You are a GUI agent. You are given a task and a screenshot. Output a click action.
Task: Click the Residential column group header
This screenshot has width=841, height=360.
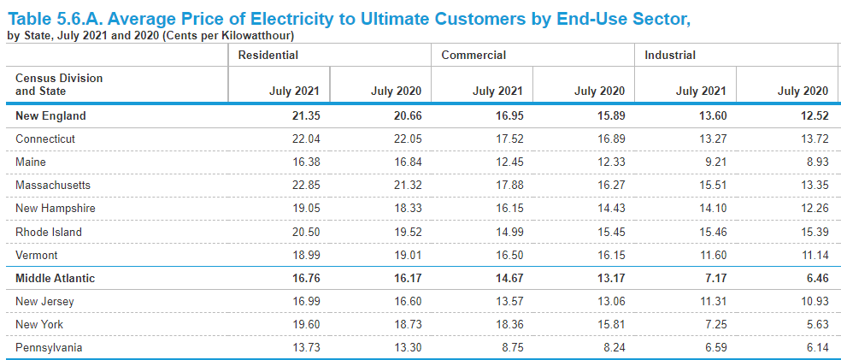pos(268,55)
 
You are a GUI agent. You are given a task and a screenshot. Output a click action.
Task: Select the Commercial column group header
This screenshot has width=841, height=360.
pos(473,55)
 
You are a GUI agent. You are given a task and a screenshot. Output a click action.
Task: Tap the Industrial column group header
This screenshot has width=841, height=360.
pos(670,55)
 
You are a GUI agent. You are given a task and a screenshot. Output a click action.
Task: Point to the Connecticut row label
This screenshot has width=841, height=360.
pos(45,139)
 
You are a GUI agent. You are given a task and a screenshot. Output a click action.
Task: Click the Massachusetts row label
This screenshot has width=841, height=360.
pos(53,185)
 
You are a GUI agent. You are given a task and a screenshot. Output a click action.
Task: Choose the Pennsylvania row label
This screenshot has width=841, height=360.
pos(49,347)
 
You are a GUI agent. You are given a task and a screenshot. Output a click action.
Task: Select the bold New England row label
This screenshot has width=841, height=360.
pos(50,115)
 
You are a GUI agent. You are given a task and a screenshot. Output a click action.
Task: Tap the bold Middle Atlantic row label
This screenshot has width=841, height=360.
pos(56,278)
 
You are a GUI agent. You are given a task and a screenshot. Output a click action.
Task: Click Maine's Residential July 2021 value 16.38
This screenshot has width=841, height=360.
pos(305,162)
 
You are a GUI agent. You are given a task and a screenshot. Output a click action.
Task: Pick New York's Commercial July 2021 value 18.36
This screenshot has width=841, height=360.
pos(509,324)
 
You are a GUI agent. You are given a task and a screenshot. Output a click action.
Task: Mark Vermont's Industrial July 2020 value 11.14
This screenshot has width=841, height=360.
pos(813,255)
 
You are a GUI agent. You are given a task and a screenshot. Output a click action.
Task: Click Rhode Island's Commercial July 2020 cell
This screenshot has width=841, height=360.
pos(610,232)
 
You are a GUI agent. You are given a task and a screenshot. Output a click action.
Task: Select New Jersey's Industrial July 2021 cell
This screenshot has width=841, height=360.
pos(712,301)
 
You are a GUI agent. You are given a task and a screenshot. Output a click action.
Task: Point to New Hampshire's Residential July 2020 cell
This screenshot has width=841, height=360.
pos(407,208)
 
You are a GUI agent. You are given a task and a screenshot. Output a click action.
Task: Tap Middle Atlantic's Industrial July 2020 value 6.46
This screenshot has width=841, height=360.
pos(815,278)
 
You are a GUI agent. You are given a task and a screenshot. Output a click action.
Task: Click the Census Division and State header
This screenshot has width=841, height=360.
pos(59,85)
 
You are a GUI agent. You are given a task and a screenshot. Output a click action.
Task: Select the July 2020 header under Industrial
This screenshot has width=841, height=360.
pos(803,91)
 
